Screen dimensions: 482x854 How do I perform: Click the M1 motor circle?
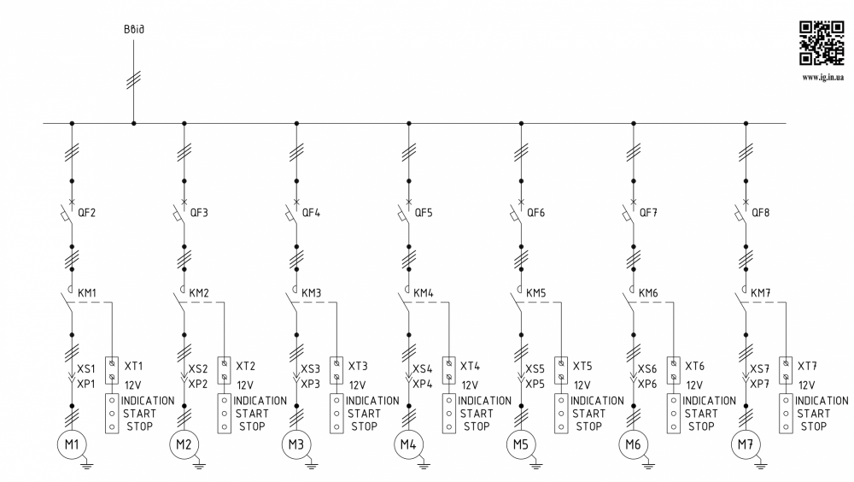click(x=73, y=445)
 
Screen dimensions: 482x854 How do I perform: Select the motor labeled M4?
click(x=408, y=445)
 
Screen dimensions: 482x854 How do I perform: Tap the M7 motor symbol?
click(x=745, y=445)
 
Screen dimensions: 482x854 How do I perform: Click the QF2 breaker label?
click(x=87, y=213)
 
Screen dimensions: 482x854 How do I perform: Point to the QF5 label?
click(x=424, y=213)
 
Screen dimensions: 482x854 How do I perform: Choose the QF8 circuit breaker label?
click(x=760, y=213)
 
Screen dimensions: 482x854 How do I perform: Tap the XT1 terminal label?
click(x=133, y=365)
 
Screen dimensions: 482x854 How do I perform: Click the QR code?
click(x=821, y=43)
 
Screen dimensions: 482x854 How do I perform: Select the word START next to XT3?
click(x=363, y=414)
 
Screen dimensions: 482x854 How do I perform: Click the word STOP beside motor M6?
click(x=700, y=426)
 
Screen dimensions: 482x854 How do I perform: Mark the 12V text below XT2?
click(x=245, y=385)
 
